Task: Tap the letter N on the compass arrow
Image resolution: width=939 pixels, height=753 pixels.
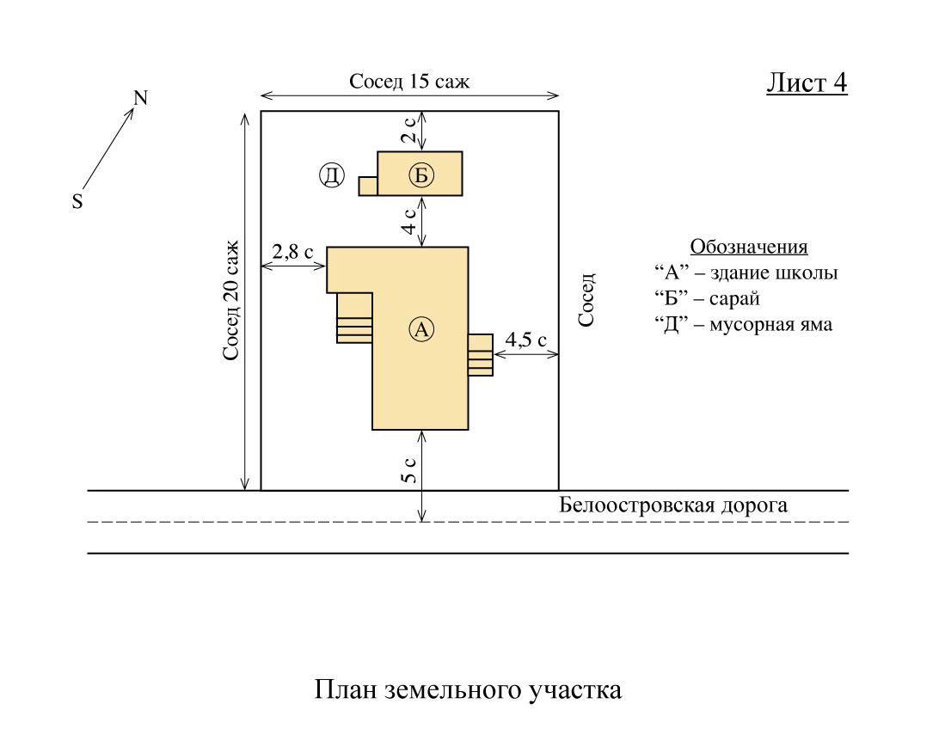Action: pos(140,98)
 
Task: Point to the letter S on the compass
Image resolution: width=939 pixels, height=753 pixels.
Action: pos(77,202)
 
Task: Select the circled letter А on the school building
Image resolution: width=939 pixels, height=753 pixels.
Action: pos(420,328)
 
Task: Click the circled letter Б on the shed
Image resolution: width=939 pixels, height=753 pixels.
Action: pos(420,176)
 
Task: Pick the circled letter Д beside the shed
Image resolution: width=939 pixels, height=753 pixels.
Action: pos(331,176)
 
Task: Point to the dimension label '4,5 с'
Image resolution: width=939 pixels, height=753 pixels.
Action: pos(525,340)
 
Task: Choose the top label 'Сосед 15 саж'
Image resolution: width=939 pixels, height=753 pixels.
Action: pos(409,82)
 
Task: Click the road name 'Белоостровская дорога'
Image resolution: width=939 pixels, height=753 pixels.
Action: pos(673,505)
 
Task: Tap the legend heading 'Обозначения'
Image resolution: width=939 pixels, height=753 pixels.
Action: pos(749,247)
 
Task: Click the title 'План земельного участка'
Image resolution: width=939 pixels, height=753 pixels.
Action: pos(468,690)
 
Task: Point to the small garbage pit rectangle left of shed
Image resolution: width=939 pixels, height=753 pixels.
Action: pos(368,186)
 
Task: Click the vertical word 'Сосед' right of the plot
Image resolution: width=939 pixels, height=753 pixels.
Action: pos(586,300)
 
